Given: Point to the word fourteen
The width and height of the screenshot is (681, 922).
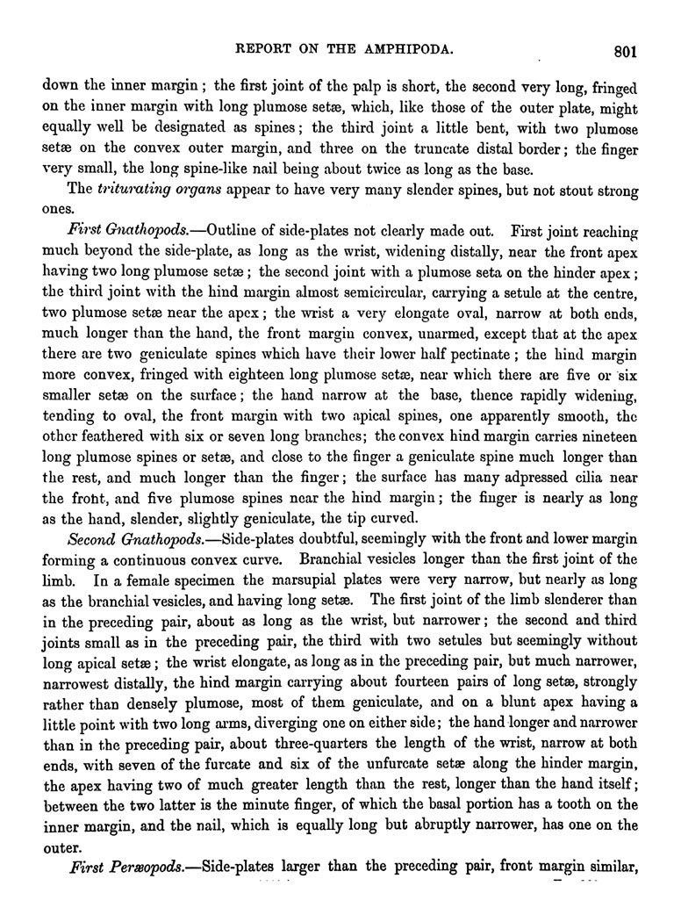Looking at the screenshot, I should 428,672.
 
